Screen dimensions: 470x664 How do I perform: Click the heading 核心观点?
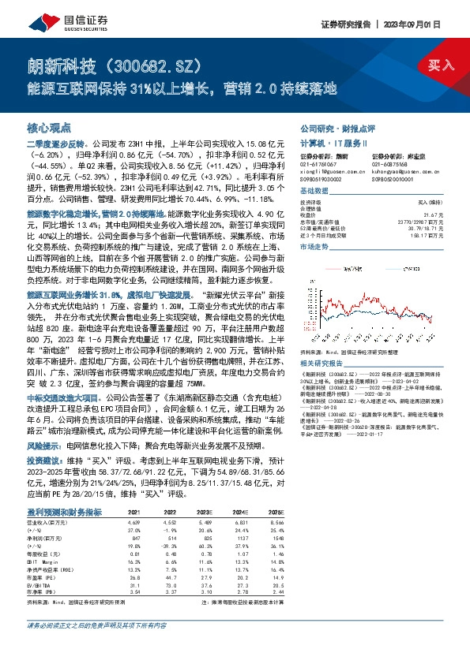pyautogui.click(x=49, y=127)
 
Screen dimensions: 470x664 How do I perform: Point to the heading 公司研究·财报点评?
pyautogui.click(x=337, y=127)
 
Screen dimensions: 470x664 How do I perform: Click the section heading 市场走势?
pyautogui.click(x=315, y=246)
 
